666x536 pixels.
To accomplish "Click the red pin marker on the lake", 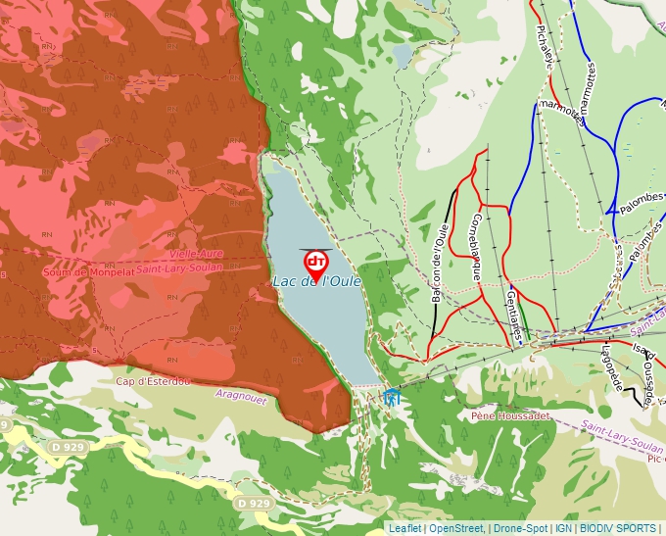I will click(316, 263).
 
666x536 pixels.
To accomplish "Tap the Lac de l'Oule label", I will click(317, 282).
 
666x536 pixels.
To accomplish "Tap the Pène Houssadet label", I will click(509, 415).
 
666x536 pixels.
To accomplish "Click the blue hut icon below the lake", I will click(392, 397).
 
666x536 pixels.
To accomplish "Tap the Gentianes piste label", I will click(514, 315).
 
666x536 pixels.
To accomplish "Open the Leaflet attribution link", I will click(404, 528).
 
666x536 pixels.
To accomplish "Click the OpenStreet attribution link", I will click(456, 528).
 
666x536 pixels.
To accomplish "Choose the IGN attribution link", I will click(563, 528).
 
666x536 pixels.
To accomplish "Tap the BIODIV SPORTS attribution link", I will click(618, 528).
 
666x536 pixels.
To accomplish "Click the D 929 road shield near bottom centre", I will click(254, 503).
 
